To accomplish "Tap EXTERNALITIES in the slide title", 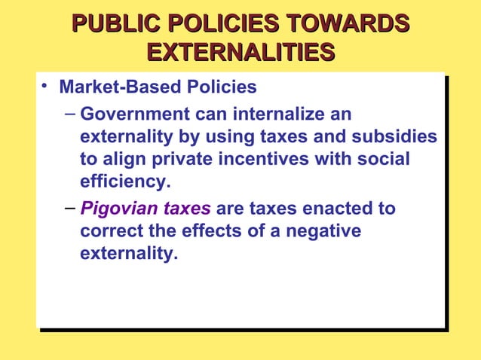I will coord(240,53).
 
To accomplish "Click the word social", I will coord(387,160).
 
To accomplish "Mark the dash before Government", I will coord(69,114).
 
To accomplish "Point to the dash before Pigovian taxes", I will coord(69,208).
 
